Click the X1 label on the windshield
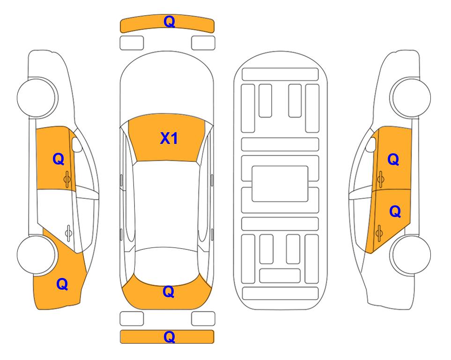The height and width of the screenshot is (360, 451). pos(169,138)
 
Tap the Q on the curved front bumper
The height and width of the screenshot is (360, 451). pos(169,22)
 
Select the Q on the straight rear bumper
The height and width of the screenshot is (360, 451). pos(169,337)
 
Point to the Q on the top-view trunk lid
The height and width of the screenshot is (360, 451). pos(169,292)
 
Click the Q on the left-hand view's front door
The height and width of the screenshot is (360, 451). pos(59,159)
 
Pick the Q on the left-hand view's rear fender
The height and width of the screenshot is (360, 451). pos(62,284)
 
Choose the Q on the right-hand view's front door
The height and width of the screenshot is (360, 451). pos(393,159)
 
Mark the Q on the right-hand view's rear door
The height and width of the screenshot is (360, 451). pos(395,212)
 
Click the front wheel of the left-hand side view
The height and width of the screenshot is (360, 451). pos(37,97)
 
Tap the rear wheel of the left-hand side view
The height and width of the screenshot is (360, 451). pos(37,255)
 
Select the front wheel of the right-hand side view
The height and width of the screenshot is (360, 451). pos(411,97)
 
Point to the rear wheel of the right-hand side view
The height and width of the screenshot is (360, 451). pos(411,255)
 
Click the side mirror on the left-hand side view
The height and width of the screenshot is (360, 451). pos(76,144)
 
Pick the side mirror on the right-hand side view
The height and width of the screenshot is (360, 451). pos(371,144)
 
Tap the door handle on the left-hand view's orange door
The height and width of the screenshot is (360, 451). pos(67,179)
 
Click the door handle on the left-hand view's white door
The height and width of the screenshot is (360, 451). pos(68,232)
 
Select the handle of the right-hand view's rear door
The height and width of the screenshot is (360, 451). pos(379,233)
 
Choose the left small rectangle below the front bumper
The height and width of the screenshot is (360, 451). pos(132,43)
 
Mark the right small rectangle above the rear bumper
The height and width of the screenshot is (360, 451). pos(203,319)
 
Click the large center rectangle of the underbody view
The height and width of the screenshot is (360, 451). pos(280,184)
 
